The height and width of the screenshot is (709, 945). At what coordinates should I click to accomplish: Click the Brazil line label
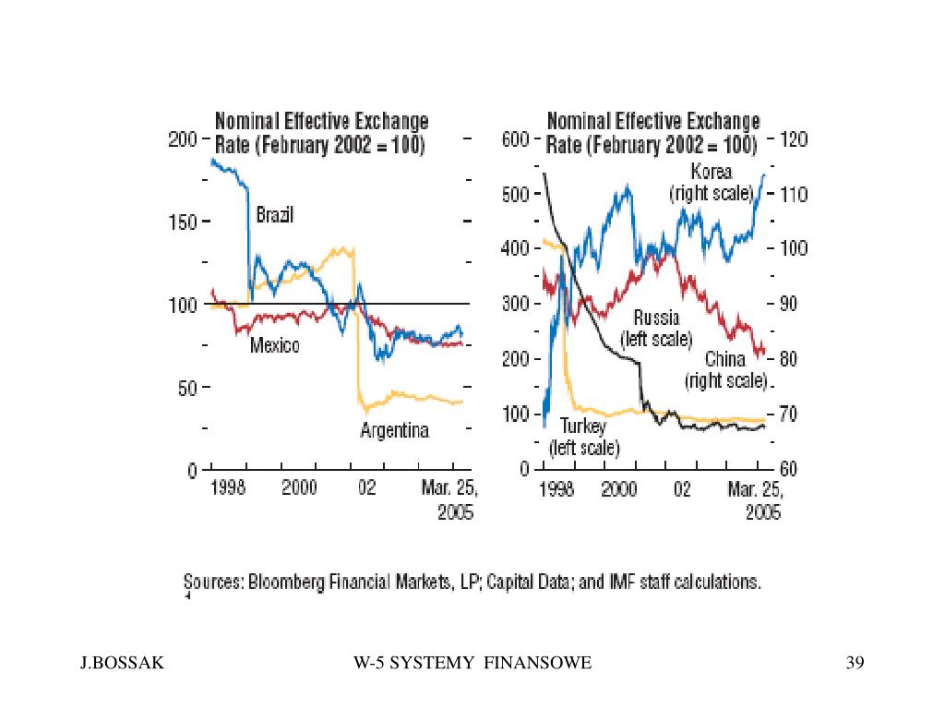pos(275,214)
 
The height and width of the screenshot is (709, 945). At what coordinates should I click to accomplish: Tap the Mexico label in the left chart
pos(275,345)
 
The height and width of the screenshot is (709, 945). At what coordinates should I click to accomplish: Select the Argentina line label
pos(395,430)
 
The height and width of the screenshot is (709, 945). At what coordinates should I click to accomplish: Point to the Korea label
pos(712,172)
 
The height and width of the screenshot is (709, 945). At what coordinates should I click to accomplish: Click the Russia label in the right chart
pos(656,318)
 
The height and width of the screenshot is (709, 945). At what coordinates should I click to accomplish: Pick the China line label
pos(725,359)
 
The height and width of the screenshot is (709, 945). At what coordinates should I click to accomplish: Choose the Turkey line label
pos(583,427)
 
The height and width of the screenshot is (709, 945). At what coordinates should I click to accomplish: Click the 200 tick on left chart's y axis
pos(183,139)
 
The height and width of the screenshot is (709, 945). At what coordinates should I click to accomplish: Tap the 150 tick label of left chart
pos(183,222)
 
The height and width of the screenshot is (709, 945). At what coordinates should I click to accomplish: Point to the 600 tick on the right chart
pos(515,139)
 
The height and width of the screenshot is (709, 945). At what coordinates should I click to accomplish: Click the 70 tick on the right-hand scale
pos(788,415)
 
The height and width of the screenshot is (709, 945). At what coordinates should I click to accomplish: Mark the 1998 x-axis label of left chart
pos(228,487)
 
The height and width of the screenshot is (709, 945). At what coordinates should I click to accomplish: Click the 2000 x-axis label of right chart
pos(619,487)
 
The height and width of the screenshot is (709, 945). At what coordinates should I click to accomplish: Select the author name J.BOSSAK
pos(123,663)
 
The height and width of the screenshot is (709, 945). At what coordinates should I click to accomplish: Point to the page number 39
pos(855,663)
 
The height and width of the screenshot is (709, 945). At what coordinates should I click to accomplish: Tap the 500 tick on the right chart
pos(515,195)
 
